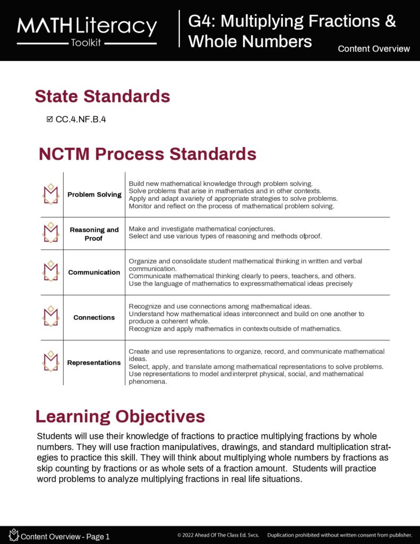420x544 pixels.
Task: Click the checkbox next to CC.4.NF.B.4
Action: point(50,120)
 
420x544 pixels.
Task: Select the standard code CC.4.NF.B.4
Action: point(81,120)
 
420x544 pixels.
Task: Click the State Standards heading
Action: point(102,96)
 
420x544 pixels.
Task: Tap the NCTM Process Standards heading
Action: point(148,154)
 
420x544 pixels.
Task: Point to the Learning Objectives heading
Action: point(120,416)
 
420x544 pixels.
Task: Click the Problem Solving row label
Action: point(95,194)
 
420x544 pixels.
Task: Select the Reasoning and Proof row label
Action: point(95,234)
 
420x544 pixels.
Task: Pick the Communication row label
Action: point(94,273)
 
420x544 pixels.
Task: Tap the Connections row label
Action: point(94,318)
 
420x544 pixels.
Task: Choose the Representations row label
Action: point(94,363)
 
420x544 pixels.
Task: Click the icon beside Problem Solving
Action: point(51,194)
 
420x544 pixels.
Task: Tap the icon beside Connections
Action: point(51,317)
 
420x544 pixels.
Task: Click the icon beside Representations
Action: point(51,362)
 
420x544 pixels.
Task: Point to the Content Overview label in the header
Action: point(374,49)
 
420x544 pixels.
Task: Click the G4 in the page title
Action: point(201,21)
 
